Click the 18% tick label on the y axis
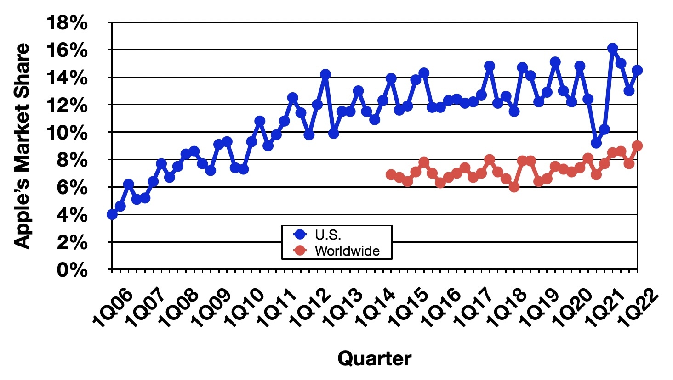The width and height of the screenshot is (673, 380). point(67,23)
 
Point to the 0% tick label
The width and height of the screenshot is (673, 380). point(72,270)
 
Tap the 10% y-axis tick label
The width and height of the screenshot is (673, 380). point(67,133)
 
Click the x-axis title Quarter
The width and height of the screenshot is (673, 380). point(375,358)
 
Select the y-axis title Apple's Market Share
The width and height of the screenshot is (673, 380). point(22,146)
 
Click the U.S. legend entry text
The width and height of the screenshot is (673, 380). point(328,235)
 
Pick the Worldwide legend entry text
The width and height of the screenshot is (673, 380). point(347,251)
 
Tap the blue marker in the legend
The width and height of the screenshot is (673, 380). point(300,235)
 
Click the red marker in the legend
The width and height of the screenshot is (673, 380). point(300,251)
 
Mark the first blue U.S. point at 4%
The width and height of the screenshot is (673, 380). point(112,214)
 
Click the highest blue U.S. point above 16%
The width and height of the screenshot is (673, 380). point(612,48)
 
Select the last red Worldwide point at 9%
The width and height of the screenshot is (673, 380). point(637,145)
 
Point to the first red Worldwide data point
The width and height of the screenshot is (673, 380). point(391,174)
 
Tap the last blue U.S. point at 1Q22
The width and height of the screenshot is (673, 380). point(637,70)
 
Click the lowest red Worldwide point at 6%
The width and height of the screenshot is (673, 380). point(514,187)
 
